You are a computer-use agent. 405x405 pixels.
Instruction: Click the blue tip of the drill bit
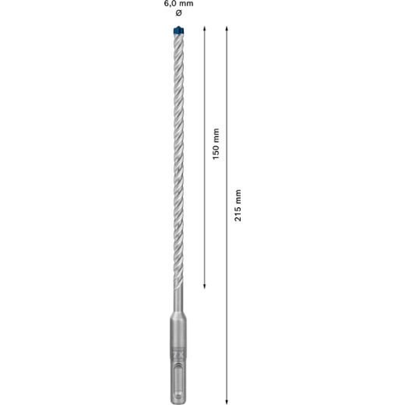tap(178, 30)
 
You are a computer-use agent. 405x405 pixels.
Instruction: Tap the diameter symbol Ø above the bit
tap(178, 13)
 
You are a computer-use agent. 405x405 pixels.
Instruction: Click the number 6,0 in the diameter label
tap(170, 4)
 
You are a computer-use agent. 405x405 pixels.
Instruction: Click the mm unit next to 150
tap(217, 136)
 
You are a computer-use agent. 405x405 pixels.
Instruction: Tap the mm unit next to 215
tap(238, 197)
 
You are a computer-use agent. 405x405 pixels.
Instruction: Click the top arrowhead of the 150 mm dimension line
tap(204, 29)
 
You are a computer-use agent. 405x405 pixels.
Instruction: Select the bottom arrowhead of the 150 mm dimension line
tap(204, 287)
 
